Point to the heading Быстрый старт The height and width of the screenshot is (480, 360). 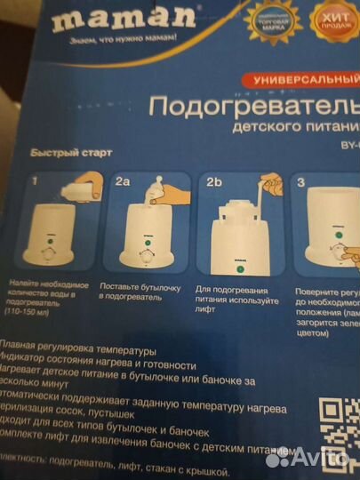tap(72, 152)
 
